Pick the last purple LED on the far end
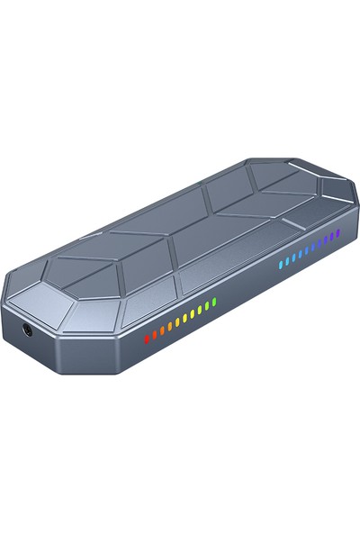337,233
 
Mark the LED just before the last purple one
332,237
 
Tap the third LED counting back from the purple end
327,239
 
